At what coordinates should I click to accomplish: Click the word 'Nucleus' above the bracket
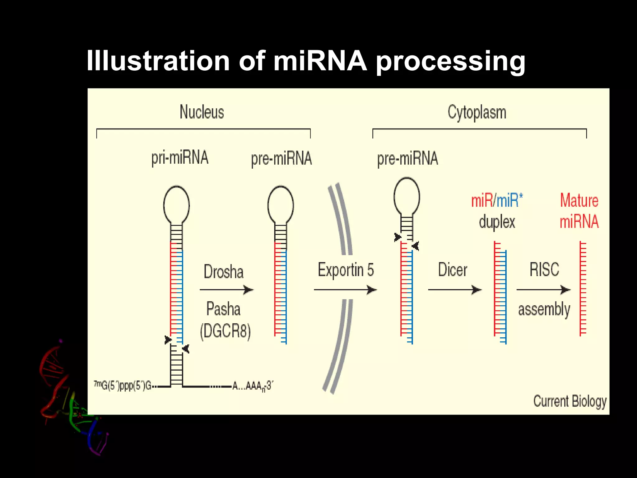202,112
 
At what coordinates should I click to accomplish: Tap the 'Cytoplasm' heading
477,113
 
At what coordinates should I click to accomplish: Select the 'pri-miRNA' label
180,158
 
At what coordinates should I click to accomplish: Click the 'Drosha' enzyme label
224,271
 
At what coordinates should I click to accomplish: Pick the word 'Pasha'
224,309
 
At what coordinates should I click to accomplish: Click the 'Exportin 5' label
346,270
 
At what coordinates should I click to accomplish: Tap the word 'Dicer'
453,270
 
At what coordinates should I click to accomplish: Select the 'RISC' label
544,269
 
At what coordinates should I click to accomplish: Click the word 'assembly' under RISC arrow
544,310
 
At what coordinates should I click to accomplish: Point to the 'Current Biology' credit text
570,401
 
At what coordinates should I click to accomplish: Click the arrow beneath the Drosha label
226,290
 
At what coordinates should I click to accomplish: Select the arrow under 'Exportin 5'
345,290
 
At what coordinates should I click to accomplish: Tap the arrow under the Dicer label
455,290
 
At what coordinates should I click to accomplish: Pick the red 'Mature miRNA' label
579,211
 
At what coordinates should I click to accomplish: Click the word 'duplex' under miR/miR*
497,222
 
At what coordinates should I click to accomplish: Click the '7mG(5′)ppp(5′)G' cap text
123,386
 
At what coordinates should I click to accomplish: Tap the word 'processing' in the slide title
451,61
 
